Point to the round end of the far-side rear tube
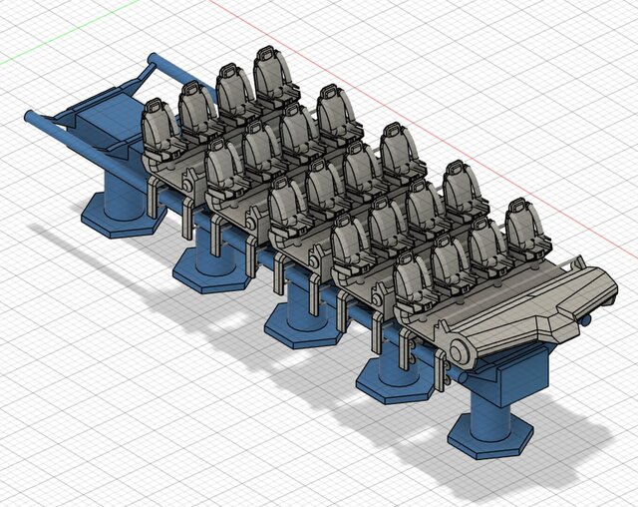pos(150,59)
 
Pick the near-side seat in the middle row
pos(289,210)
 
